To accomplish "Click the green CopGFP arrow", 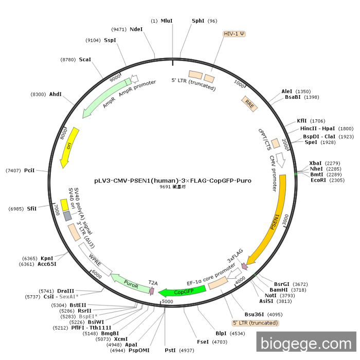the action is [183, 292].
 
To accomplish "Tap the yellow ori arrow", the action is [69, 147].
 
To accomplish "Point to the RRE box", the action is [249, 104].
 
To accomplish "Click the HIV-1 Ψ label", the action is [234, 34].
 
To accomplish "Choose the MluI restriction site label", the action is [167, 21].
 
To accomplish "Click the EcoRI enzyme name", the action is [318, 180].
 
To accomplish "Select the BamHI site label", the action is [279, 290].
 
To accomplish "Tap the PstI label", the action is [170, 350].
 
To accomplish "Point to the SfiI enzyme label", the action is [32, 209].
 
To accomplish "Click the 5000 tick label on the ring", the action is [167, 301].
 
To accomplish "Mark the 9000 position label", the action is [115, 78].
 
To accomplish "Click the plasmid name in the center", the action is [173, 181].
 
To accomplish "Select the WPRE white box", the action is [95, 259].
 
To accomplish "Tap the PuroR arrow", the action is [130, 283].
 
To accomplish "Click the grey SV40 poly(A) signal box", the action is [67, 216].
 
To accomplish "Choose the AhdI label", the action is [56, 94].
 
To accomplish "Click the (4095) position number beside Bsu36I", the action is [275, 315].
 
